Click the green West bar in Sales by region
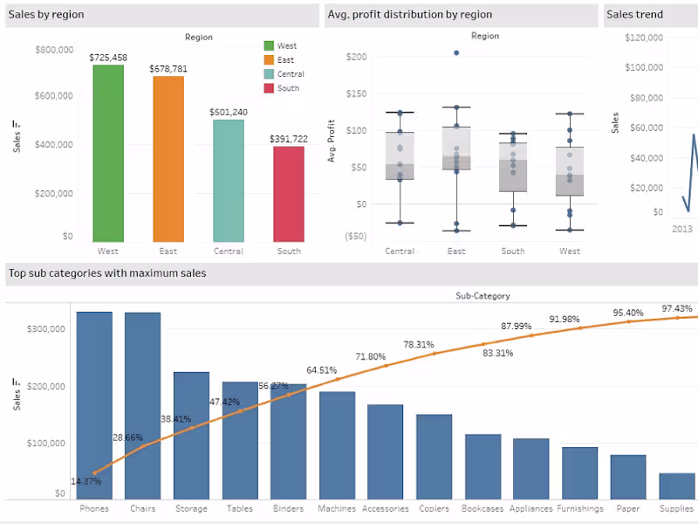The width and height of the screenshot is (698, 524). [108, 154]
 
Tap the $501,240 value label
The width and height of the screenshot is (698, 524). [229, 112]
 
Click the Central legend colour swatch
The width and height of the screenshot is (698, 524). [269, 74]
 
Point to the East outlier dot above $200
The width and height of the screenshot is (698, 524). [455, 53]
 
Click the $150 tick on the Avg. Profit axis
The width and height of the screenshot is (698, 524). [356, 93]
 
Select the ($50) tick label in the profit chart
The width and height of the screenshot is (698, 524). [354, 236]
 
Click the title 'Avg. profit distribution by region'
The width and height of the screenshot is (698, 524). [409, 15]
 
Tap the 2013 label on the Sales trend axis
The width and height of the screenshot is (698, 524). [681, 228]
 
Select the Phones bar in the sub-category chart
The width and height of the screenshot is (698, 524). [94, 405]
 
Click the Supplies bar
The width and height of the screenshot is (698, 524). [676, 486]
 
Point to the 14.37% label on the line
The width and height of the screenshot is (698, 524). [86, 480]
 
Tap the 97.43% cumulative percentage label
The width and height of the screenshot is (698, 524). [677, 308]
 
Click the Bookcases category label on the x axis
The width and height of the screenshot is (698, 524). [482, 508]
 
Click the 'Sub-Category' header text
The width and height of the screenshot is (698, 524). [482, 296]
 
